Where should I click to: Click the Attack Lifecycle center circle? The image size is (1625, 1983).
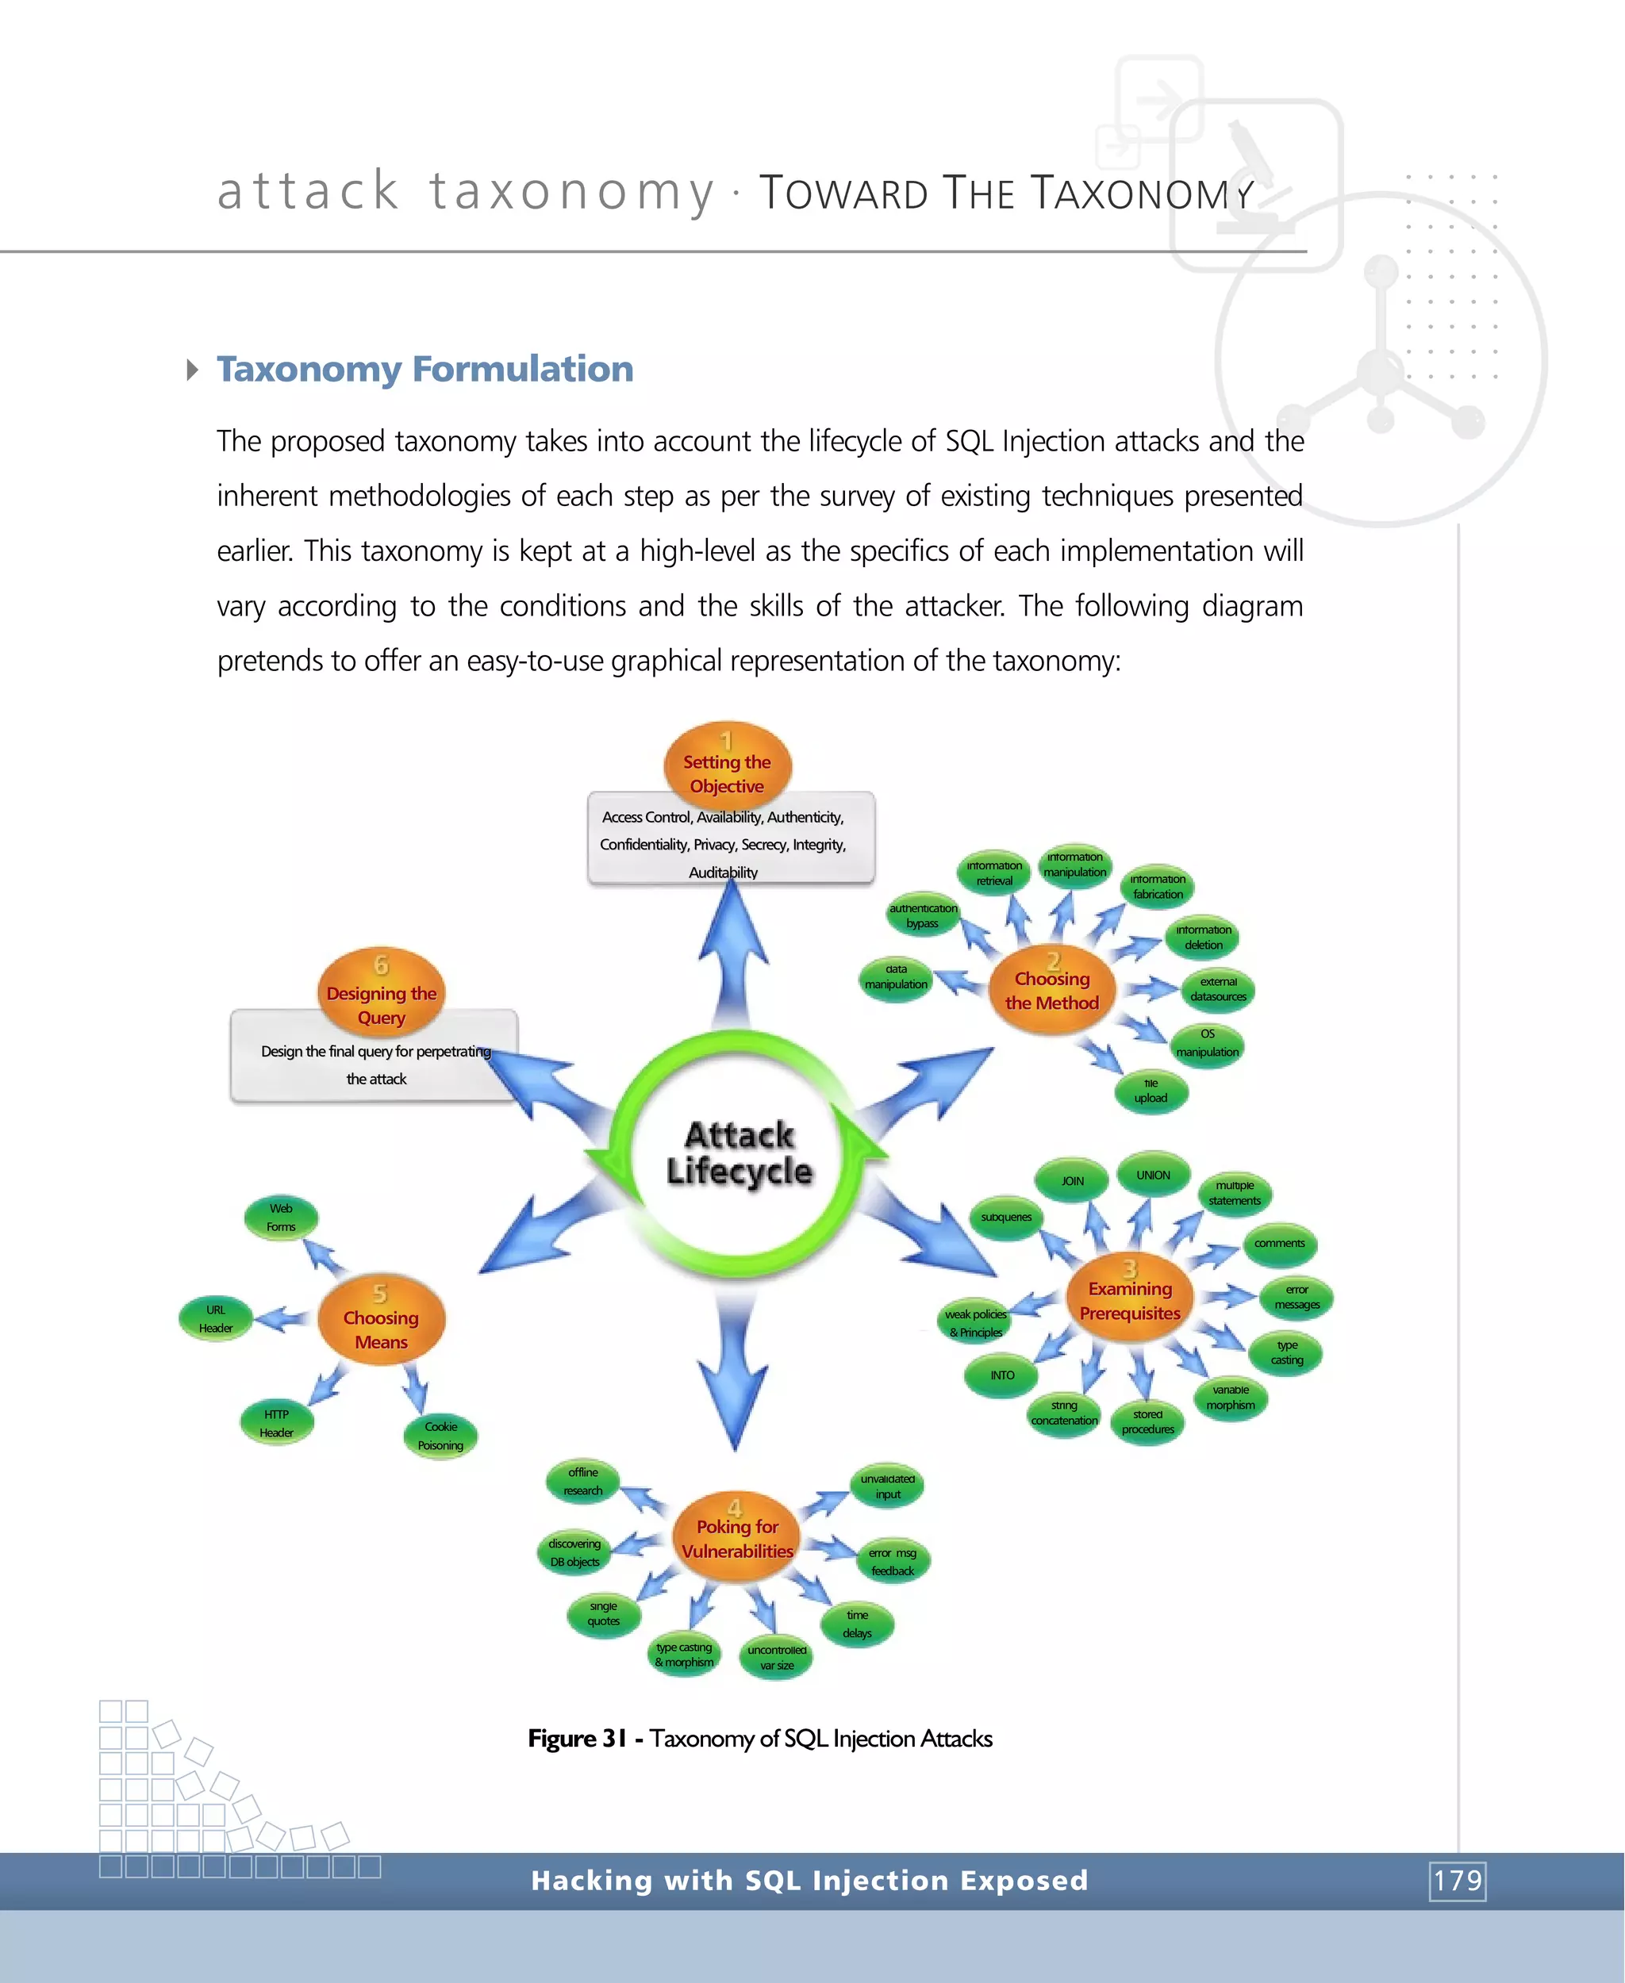[739, 1153]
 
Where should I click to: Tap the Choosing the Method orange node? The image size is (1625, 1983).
[1052, 990]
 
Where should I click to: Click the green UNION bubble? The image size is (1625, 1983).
[1153, 1176]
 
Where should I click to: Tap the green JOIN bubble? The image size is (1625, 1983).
[1073, 1181]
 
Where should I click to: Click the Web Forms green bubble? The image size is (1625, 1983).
[281, 1218]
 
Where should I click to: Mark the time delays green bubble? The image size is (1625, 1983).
[858, 1624]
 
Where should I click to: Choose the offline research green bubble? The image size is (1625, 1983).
[582, 1482]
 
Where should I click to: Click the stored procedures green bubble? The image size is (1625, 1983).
[1147, 1421]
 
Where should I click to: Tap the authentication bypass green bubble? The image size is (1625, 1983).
[923, 915]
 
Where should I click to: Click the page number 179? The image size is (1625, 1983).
[1458, 1880]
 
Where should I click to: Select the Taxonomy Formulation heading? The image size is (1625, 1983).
[425, 369]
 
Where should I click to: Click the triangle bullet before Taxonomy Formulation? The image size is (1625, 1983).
[192, 370]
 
